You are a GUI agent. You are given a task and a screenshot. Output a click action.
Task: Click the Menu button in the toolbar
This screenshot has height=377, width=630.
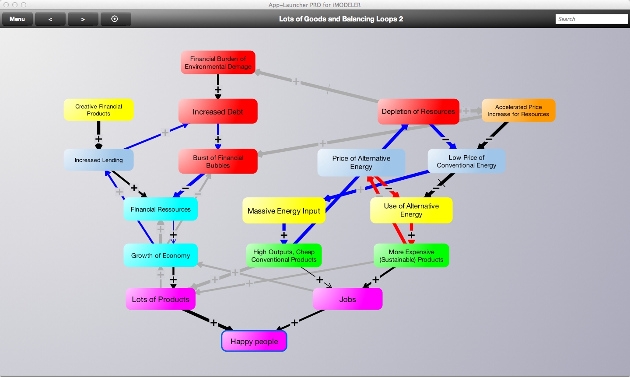[x=17, y=19]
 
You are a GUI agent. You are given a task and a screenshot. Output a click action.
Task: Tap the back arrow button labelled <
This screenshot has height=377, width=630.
[x=50, y=19]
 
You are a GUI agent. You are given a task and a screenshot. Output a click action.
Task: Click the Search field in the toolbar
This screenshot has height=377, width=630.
[x=591, y=19]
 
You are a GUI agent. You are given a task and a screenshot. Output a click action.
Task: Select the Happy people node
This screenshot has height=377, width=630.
[x=254, y=342]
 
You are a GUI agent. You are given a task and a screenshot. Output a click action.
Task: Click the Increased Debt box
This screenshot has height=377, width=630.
[x=218, y=112]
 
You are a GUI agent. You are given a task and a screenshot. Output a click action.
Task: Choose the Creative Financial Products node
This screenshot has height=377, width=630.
[x=98, y=110]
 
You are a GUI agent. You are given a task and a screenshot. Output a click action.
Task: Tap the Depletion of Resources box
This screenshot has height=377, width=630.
[x=418, y=112]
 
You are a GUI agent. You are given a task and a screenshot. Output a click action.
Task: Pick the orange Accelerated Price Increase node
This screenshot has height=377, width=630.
[x=518, y=110]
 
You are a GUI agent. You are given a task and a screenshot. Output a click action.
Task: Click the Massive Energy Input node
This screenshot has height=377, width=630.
[x=284, y=211]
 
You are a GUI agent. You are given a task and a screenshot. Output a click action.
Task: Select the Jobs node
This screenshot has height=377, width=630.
[x=348, y=299]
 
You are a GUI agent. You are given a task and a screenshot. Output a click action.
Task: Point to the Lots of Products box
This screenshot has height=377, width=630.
[x=161, y=299]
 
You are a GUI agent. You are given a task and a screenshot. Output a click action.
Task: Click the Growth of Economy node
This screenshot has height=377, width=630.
[x=161, y=255]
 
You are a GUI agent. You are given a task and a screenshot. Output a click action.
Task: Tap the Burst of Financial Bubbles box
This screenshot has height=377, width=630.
[x=218, y=161]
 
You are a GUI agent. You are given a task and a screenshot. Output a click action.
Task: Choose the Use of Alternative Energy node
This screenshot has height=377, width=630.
[x=411, y=210]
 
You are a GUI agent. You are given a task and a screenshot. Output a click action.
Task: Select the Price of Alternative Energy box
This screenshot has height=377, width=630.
[x=361, y=162]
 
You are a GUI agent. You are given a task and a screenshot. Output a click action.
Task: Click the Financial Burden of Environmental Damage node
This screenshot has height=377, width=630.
[x=218, y=63]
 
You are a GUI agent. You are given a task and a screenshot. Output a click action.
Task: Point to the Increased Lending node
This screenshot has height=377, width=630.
[x=98, y=160]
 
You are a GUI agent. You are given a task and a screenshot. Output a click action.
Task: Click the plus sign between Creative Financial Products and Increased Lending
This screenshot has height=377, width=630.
[x=99, y=139]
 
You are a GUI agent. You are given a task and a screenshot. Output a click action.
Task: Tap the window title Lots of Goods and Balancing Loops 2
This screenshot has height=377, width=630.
[x=341, y=19]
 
